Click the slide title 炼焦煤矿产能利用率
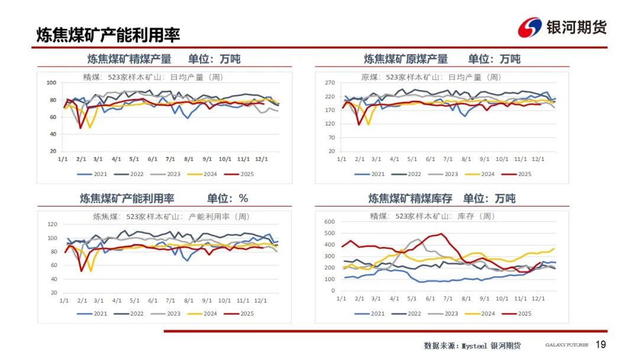(x=108, y=35)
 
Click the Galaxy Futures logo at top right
(x=563, y=27)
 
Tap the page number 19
(x=601, y=345)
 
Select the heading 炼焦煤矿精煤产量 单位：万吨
(x=164, y=59)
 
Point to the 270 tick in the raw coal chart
(x=330, y=83)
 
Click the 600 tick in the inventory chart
(x=330, y=221)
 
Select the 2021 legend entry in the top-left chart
(x=94, y=174)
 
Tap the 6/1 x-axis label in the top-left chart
(x=153, y=159)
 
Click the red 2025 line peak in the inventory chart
(x=440, y=234)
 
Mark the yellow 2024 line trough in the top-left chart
(x=90, y=127)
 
